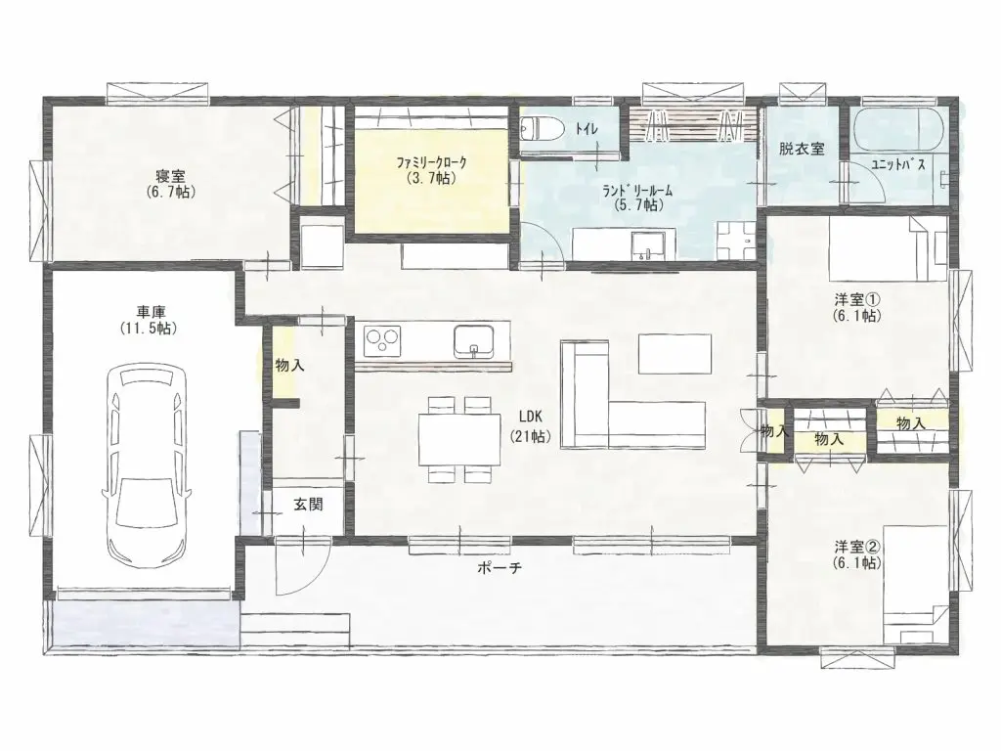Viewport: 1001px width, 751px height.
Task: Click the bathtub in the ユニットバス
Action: [897, 129]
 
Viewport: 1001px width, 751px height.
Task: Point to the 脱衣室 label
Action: [802, 150]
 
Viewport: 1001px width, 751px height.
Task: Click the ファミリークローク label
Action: [432, 169]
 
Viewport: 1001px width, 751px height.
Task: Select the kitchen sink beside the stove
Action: [474, 339]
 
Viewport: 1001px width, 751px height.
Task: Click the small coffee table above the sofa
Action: [675, 353]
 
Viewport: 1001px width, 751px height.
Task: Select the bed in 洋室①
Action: [885, 248]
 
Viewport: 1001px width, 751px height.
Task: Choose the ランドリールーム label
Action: [639, 198]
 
